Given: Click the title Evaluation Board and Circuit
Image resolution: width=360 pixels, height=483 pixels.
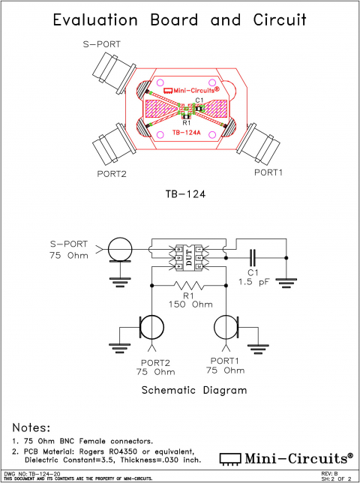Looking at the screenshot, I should point(180,20).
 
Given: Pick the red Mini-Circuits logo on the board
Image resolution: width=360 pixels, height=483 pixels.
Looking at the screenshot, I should point(184,88).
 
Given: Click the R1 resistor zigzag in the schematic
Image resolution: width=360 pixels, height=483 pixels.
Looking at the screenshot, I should point(188,286).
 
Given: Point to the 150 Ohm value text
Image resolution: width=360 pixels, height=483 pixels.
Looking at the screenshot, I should point(188,304).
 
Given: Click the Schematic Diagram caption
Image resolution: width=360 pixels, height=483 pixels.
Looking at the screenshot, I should point(184,390).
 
